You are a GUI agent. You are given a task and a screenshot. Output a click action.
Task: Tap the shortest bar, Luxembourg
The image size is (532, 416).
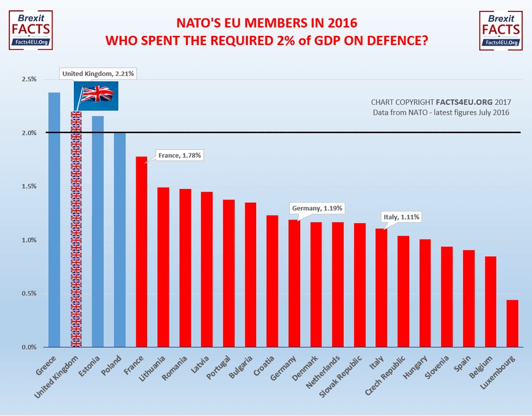pyautogui.click(x=512, y=324)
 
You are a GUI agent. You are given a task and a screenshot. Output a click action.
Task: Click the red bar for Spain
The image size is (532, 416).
pyautogui.click(x=468, y=299)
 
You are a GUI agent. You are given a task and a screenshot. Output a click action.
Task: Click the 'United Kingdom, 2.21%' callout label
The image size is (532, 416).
pyautogui.click(x=97, y=73)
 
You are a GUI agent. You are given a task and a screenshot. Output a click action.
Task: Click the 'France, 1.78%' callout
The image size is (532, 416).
pyautogui.click(x=180, y=155)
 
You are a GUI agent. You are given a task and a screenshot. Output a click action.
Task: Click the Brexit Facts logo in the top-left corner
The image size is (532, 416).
pyautogui.click(x=31, y=30)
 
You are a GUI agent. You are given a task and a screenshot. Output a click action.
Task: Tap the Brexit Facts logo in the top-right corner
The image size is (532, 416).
pyautogui.click(x=501, y=30)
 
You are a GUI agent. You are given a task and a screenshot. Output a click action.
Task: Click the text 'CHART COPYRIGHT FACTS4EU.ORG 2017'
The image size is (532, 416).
pyautogui.click(x=441, y=102)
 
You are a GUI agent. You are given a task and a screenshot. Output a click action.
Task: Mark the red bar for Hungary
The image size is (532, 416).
pyautogui.click(x=425, y=293)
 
